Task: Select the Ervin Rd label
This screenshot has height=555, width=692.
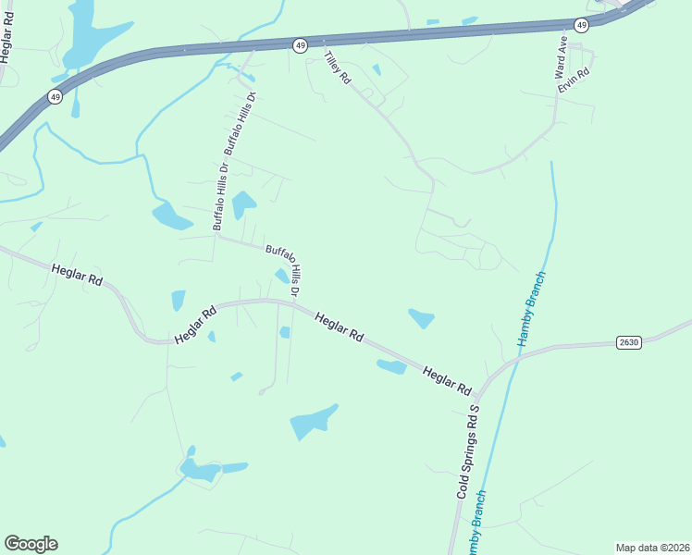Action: click(575, 80)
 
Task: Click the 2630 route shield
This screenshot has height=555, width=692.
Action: click(629, 342)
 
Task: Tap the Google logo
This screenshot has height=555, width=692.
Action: click(31, 544)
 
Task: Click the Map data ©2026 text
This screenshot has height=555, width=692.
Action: click(653, 548)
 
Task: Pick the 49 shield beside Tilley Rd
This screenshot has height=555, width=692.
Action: click(300, 45)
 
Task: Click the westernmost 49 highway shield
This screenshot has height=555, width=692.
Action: click(56, 97)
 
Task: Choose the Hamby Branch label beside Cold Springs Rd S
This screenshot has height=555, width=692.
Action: click(478, 518)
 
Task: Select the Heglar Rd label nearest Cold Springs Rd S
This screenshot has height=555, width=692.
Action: click(447, 379)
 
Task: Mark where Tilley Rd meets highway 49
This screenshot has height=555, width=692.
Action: click(323, 41)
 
